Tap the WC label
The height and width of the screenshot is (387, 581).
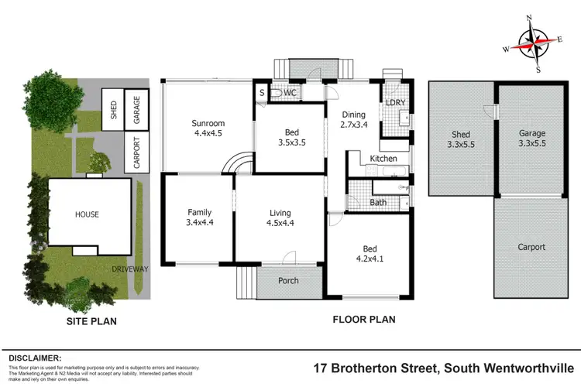coord(290,93)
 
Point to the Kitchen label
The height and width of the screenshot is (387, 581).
coord(383,158)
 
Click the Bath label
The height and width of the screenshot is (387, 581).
coord(378,203)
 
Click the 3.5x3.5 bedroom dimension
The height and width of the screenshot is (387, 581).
coord(293,142)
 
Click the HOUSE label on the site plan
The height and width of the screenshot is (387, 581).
coord(87,214)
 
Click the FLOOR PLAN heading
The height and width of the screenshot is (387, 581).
coord(364,319)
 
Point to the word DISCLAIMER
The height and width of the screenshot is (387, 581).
coord(35,358)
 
